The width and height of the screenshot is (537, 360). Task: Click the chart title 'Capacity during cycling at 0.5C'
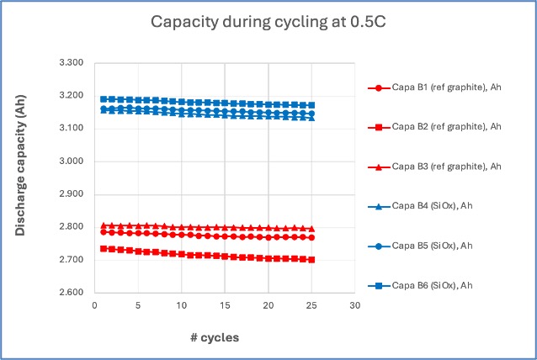[268, 22]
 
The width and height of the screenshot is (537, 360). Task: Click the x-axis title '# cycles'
[214, 337]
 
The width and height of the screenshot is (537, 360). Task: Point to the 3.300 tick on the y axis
[72, 63]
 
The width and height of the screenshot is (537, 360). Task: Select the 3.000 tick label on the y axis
[72, 161]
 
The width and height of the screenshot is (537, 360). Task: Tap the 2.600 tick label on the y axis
[72, 293]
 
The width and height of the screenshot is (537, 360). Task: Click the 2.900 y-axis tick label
[72, 194]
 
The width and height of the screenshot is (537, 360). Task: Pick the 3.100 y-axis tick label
[72, 129]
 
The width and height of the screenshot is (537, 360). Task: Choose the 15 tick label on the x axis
[225, 306]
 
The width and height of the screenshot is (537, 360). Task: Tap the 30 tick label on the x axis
[355, 306]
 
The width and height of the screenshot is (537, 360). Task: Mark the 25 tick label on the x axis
[311, 306]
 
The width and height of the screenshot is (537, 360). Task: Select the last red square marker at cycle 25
[311, 260]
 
